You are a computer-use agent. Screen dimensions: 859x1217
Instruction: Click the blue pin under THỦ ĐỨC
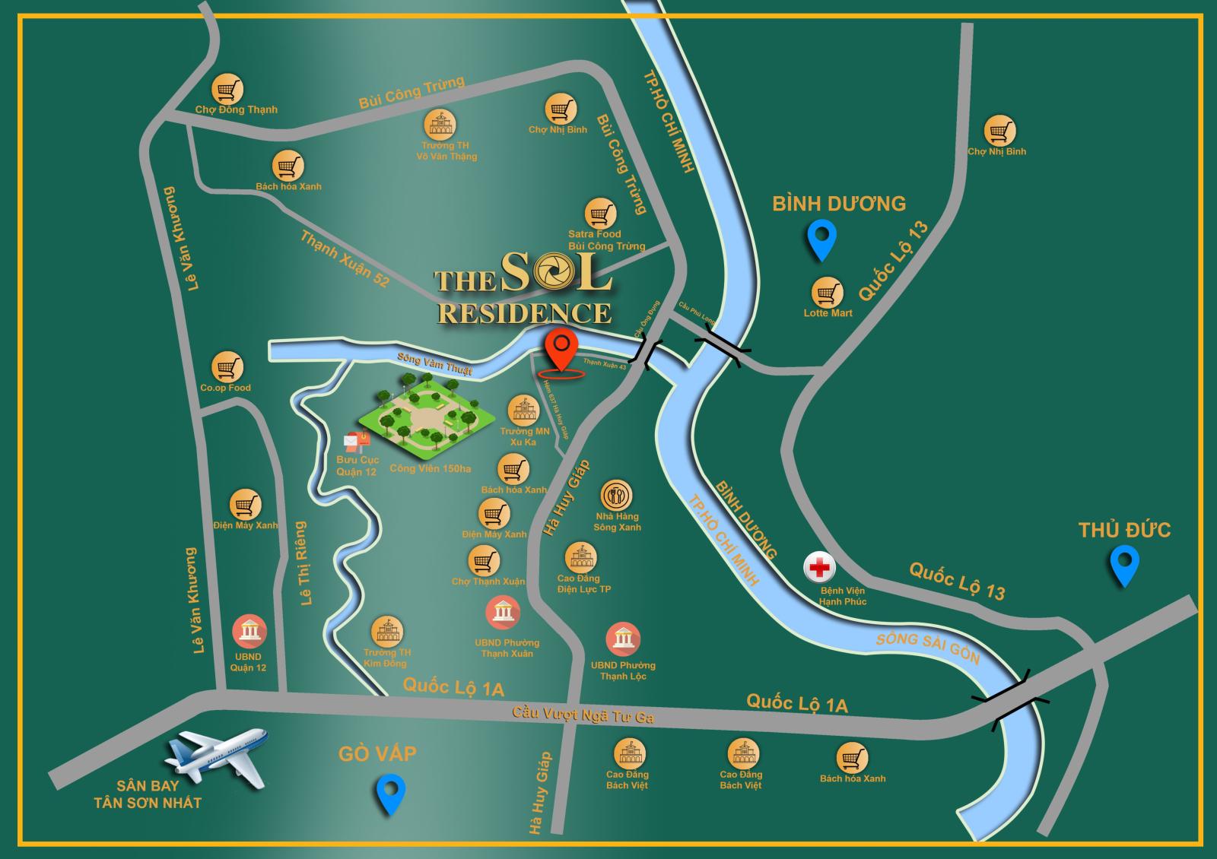[1123, 566]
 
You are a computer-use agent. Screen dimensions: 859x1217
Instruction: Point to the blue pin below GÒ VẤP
[391, 794]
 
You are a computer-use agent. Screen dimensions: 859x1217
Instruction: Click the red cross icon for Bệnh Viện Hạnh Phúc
[820, 568]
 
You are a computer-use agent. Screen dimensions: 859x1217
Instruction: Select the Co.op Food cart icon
[226, 367]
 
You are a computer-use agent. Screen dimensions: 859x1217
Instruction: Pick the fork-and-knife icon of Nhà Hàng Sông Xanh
[616, 496]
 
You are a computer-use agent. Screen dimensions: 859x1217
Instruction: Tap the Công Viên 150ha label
[430, 468]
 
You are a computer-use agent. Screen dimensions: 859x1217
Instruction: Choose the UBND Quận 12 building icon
[249, 631]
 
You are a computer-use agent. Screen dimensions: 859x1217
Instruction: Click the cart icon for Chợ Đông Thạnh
[227, 90]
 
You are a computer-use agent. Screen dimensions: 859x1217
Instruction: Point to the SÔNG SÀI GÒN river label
[928, 648]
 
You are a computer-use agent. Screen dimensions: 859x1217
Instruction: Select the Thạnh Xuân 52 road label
[345, 259]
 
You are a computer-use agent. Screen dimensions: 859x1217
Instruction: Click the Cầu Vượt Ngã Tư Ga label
[583, 715]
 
